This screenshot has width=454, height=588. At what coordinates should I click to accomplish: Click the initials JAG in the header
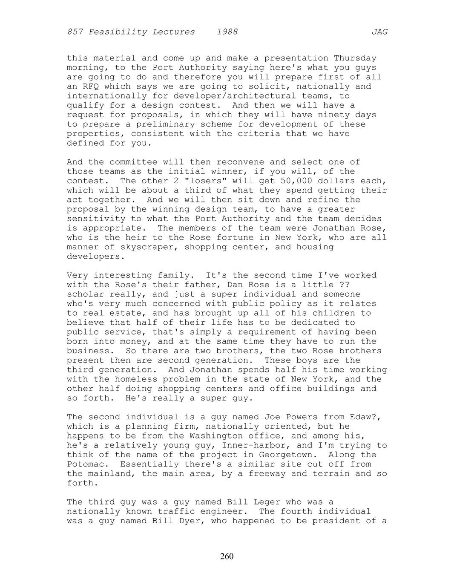[x=379, y=32]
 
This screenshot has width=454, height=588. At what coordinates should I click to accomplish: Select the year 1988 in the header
[x=227, y=32]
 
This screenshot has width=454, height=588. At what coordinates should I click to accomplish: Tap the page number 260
[x=227, y=556]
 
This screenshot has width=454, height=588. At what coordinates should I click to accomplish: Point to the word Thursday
[x=355, y=58]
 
